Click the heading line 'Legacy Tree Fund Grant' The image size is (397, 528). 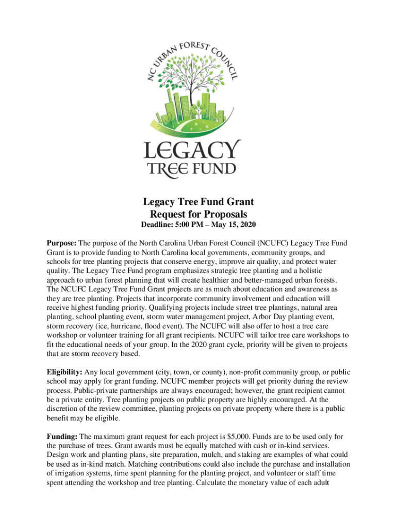coord(198,202)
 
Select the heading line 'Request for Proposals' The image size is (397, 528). coord(198,214)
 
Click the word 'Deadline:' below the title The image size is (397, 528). coord(159,225)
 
